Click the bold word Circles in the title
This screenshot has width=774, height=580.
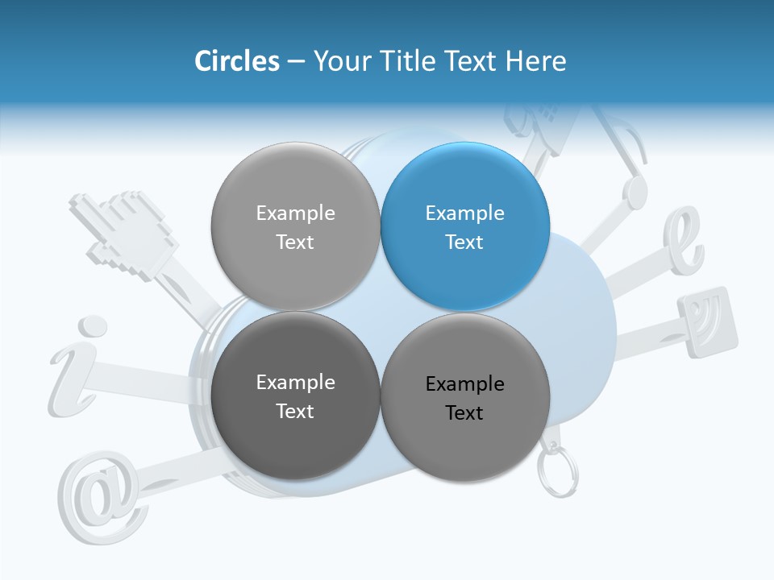(237, 61)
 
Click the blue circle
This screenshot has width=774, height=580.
(465, 226)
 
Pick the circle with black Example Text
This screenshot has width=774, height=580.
(465, 397)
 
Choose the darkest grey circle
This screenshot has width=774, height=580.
(295, 396)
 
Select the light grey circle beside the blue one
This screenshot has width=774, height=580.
(295, 226)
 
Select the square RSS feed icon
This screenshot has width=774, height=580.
(708, 321)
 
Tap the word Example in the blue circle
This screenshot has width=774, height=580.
(464, 213)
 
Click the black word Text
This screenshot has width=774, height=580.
(464, 413)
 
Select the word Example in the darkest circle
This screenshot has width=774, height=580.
(295, 383)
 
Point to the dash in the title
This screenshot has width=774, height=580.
(296, 62)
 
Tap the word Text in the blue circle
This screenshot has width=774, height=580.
(464, 242)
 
